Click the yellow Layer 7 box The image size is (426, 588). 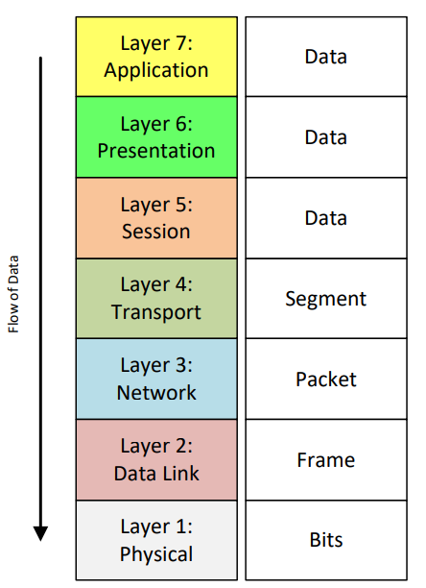pyautogui.click(x=156, y=57)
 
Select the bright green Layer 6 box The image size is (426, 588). pyautogui.click(x=156, y=137)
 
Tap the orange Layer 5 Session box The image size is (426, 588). pyautogui.click(x=156, y=218)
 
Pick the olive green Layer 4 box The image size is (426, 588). pyautogui.click(x=156, y=299)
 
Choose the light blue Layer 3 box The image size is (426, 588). pyautogui.click(x=156, y=380)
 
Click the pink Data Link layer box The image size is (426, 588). pyautogui.click(x=156, y=460)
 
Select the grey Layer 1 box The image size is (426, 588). pyautogui.click(x=156, y=541)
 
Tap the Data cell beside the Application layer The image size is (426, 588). pyautogui.click(x=325, y=57)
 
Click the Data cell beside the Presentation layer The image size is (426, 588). pyautogui.click(x=325, y=137)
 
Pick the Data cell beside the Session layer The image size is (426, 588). pyautogui.click(x=325, y=218)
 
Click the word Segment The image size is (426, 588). pyautogui.click(x=325, y=299)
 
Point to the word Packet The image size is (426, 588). pyautogui.click(x=325, y=380)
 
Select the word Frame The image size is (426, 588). pyautogui.click(x=325, y=460)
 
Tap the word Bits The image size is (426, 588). pyautogui.click(x=325, y=541)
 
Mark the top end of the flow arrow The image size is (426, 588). pyautogui.click(x=40, y=60)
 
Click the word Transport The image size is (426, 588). pyautogui.click(x=156, y=312)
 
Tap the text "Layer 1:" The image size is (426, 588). pyautogui.click(x=156, y=527)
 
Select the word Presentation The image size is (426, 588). pyautogui.click(x=156, y=151)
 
